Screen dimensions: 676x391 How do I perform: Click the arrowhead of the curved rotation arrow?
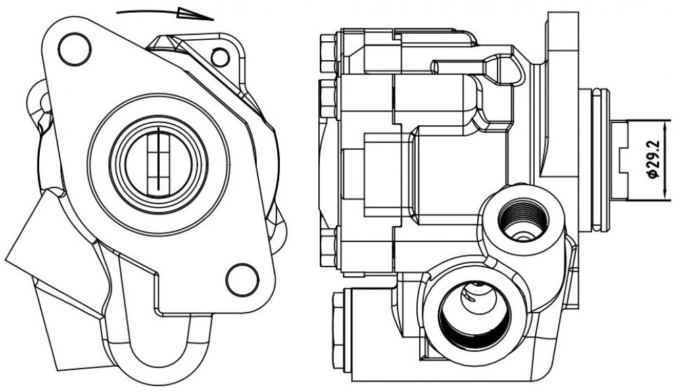click(195, 14)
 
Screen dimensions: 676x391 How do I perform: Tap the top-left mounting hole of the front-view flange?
click(74, 49)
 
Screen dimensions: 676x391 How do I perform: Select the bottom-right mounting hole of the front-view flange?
click(242, 279)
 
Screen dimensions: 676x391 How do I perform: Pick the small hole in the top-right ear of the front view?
click(220, 57)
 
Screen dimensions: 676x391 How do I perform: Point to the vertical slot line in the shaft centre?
click(158, 159)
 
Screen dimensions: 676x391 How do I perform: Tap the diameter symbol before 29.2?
click(654, 174)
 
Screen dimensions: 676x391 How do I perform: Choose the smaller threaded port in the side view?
click(523, 217)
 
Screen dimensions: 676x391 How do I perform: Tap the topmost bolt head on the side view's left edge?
click(328, 53)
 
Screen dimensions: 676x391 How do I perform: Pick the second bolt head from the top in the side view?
click(327, 99)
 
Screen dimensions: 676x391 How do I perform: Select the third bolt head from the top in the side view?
click(328, 248)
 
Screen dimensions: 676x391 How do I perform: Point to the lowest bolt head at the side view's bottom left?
click(339, 331)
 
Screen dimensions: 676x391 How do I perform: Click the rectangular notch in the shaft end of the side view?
click(623, 160)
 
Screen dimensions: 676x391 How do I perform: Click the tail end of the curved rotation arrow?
click(117, 13)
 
